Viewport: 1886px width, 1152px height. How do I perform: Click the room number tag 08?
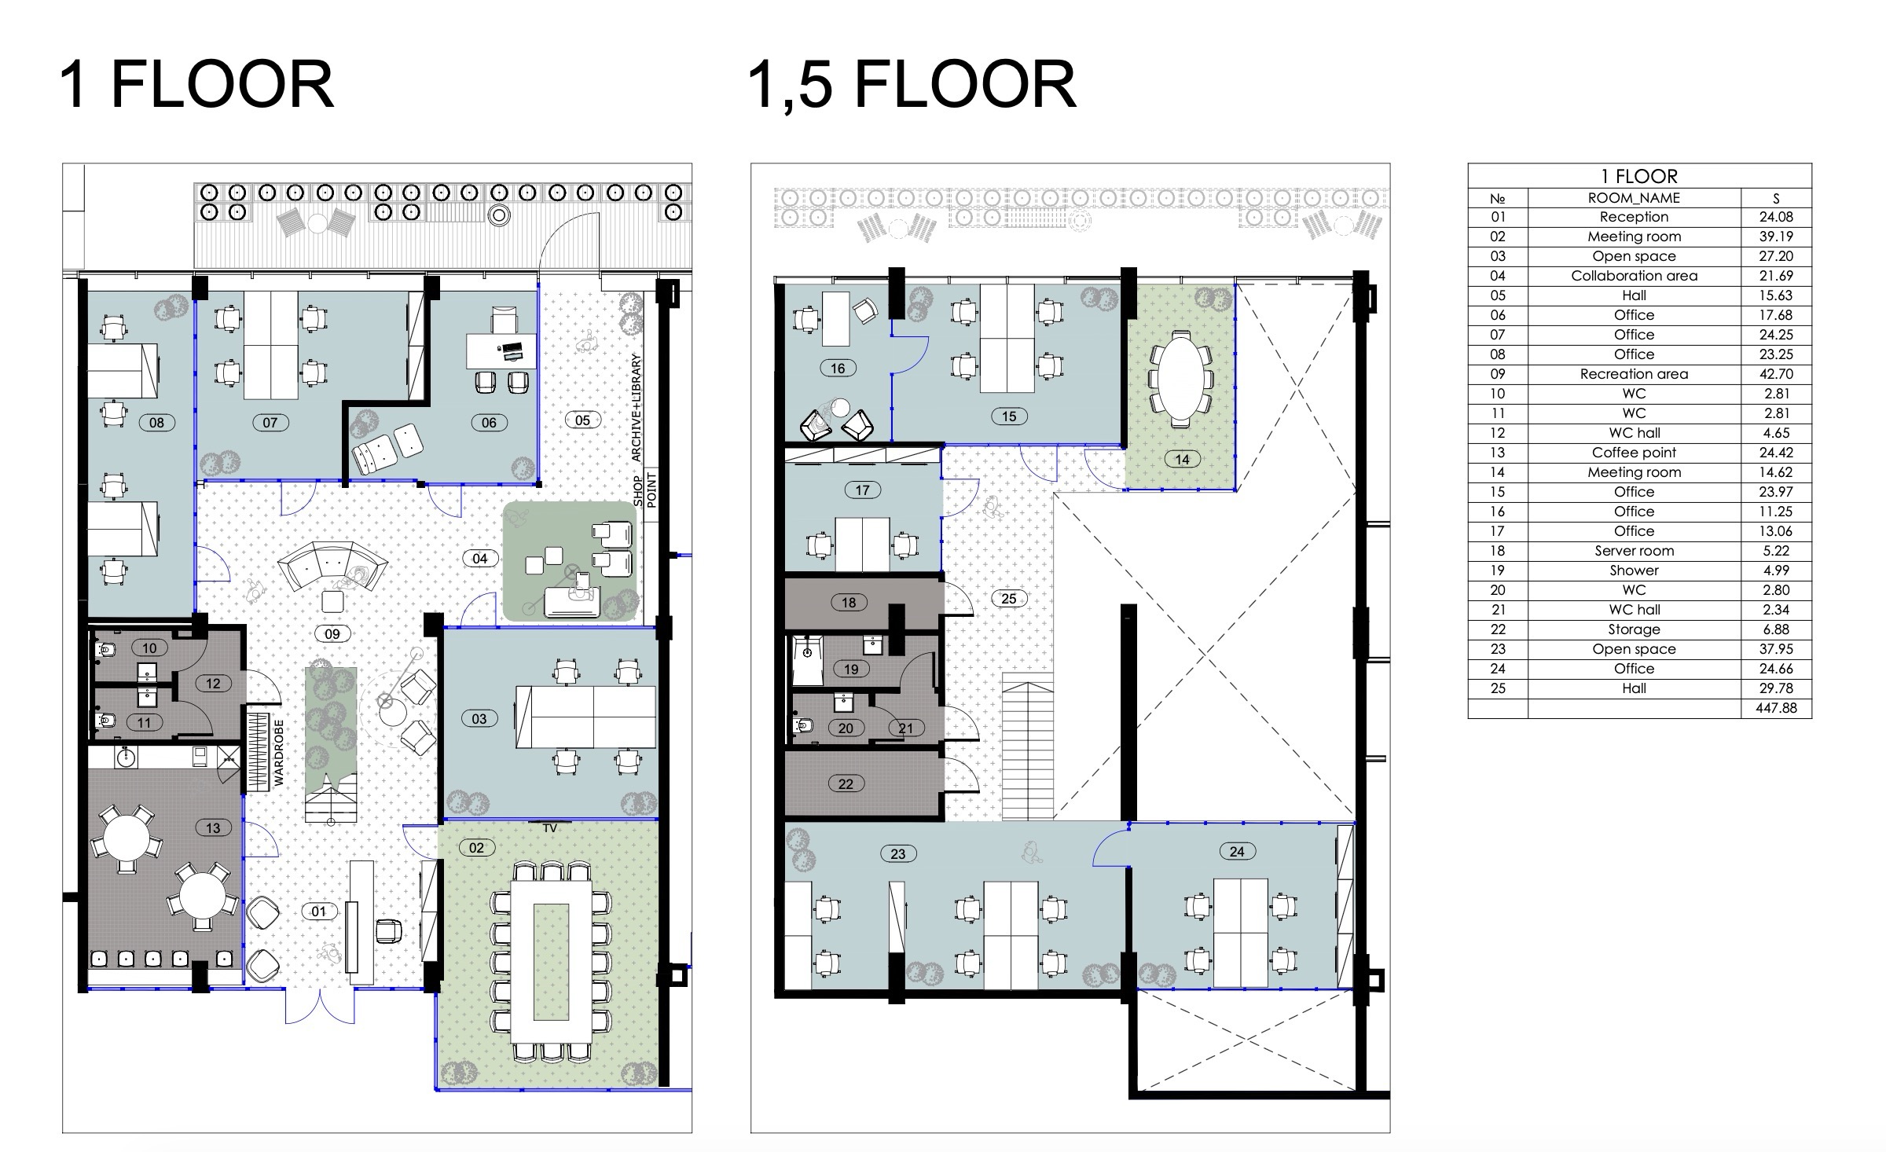point(156,423)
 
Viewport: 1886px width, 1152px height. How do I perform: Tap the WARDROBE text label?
point(278,753)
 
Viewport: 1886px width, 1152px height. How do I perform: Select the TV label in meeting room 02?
point(549,828)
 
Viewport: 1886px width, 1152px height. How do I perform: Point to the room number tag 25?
point(1008,599)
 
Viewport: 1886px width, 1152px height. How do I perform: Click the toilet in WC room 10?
point(106,651)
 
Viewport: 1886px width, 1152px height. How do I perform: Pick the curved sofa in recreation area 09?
point(332,563)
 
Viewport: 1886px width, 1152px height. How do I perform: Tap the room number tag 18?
point(849,603)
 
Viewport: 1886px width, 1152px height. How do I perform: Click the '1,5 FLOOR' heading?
point(912,84)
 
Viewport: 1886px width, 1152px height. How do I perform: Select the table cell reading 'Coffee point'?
point(1634,453)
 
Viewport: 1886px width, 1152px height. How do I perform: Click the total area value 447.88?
point(1775,708)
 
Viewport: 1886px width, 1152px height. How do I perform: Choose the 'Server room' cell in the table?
point(1634,551)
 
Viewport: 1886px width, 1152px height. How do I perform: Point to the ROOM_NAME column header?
point(1634,198)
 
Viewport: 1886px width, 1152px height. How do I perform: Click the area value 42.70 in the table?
point(1775,374)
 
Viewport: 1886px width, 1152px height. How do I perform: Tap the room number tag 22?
point(846,783)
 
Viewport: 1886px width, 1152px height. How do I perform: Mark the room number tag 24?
point(1237,851)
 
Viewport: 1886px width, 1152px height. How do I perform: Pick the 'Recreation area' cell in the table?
point(1634,374)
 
